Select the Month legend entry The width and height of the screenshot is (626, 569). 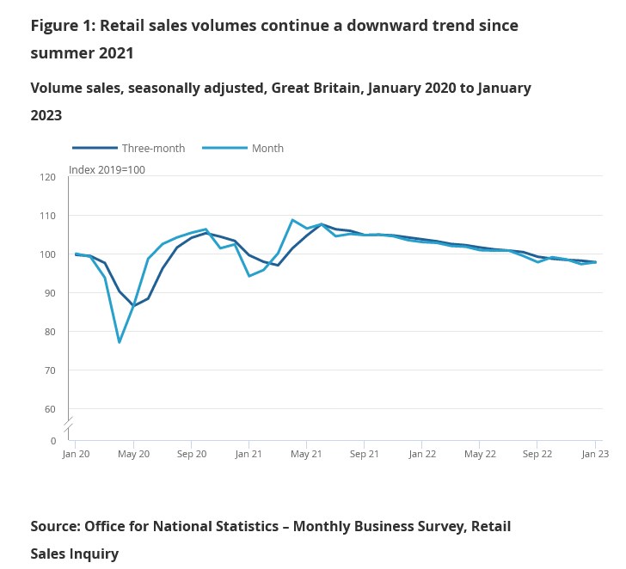[267, 148]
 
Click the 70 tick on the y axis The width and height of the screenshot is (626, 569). [50, 370]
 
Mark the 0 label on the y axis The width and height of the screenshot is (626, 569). [52, 441]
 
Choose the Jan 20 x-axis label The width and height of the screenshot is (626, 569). [76, 454]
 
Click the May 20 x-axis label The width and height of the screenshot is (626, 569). [133, 454]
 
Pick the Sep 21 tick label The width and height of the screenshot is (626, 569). [364, 454]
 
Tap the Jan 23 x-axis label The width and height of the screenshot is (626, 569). [595, 454]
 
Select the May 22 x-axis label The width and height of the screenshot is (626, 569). [480, 454]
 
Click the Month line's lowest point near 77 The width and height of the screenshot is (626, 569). [120, 342]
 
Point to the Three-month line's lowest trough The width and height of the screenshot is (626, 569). [133, 306]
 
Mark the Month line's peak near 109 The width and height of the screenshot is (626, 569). [292, 220]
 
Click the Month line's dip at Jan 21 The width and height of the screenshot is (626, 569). [249, 276]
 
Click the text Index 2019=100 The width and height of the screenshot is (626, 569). [107, 169]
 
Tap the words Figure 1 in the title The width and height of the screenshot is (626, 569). [61, 26]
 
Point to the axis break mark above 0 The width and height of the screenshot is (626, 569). [68, 423]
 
